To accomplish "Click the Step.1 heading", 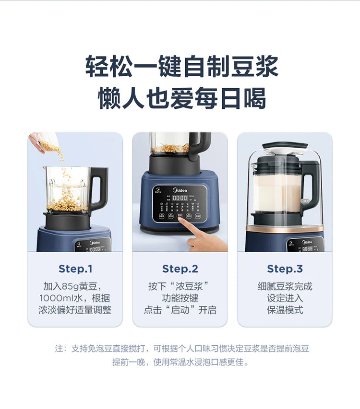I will (75, 269).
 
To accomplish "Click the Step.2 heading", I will (180, 269).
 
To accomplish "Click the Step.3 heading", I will (285, 269).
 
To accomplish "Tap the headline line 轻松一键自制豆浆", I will (181, 67).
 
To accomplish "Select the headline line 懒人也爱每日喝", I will (181, 98).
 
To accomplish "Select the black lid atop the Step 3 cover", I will (285, 145).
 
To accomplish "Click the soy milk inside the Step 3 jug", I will (276, 192).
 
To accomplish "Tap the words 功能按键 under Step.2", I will (180, 298).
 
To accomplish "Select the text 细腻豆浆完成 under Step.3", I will (285, 286).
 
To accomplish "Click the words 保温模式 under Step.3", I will (285, 310).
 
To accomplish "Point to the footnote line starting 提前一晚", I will (180, 362).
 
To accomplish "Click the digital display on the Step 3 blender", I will (307, 248).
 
